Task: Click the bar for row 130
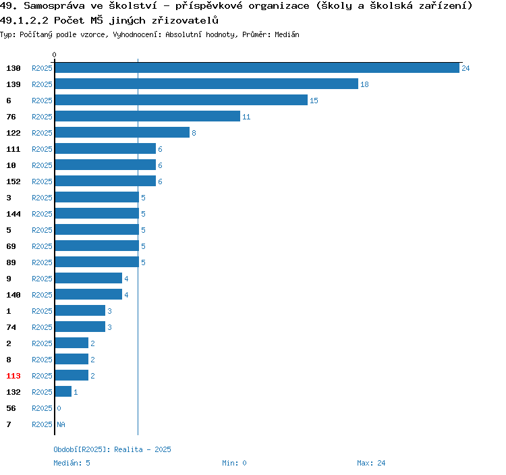[256, 68]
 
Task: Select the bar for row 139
[206, 84]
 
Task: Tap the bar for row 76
[147, 117]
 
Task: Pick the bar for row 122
[121, 133]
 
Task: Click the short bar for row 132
[63, 392]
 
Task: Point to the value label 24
[466, 68]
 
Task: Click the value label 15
[314, 101]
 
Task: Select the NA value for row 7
[61, 424]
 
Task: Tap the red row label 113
[13, 376]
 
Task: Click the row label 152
[13, 181]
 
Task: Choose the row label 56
[11, 408]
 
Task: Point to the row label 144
[13, 214]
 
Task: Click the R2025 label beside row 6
[42, 101]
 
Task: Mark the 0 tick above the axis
[55, 55]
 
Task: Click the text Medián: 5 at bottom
[72, 463]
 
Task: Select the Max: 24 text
[371, 463]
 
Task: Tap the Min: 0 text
[234, 463]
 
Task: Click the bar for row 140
[88, 295]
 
